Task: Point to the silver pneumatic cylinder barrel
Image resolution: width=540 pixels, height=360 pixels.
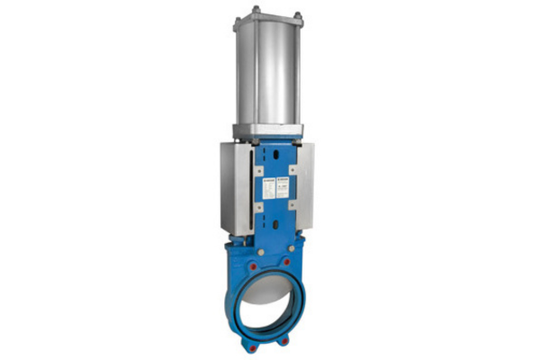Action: pos(271,72)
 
